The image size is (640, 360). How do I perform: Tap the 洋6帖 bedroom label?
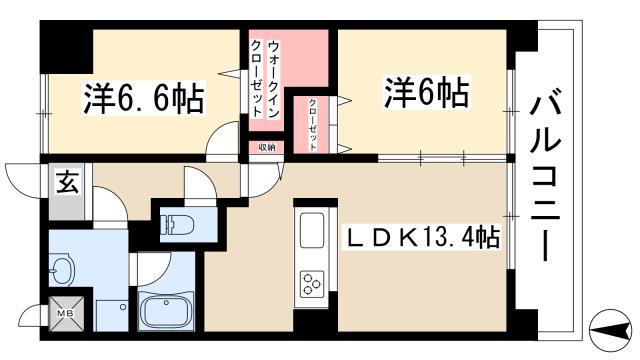424,94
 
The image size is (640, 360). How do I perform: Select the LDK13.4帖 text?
423,240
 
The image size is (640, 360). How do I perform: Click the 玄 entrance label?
64,183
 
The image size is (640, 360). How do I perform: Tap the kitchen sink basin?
309,234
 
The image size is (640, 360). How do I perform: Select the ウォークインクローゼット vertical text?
265,80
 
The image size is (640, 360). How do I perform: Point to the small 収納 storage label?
265,147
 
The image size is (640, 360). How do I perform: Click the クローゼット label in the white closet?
312,124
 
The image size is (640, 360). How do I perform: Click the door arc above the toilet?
197,183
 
